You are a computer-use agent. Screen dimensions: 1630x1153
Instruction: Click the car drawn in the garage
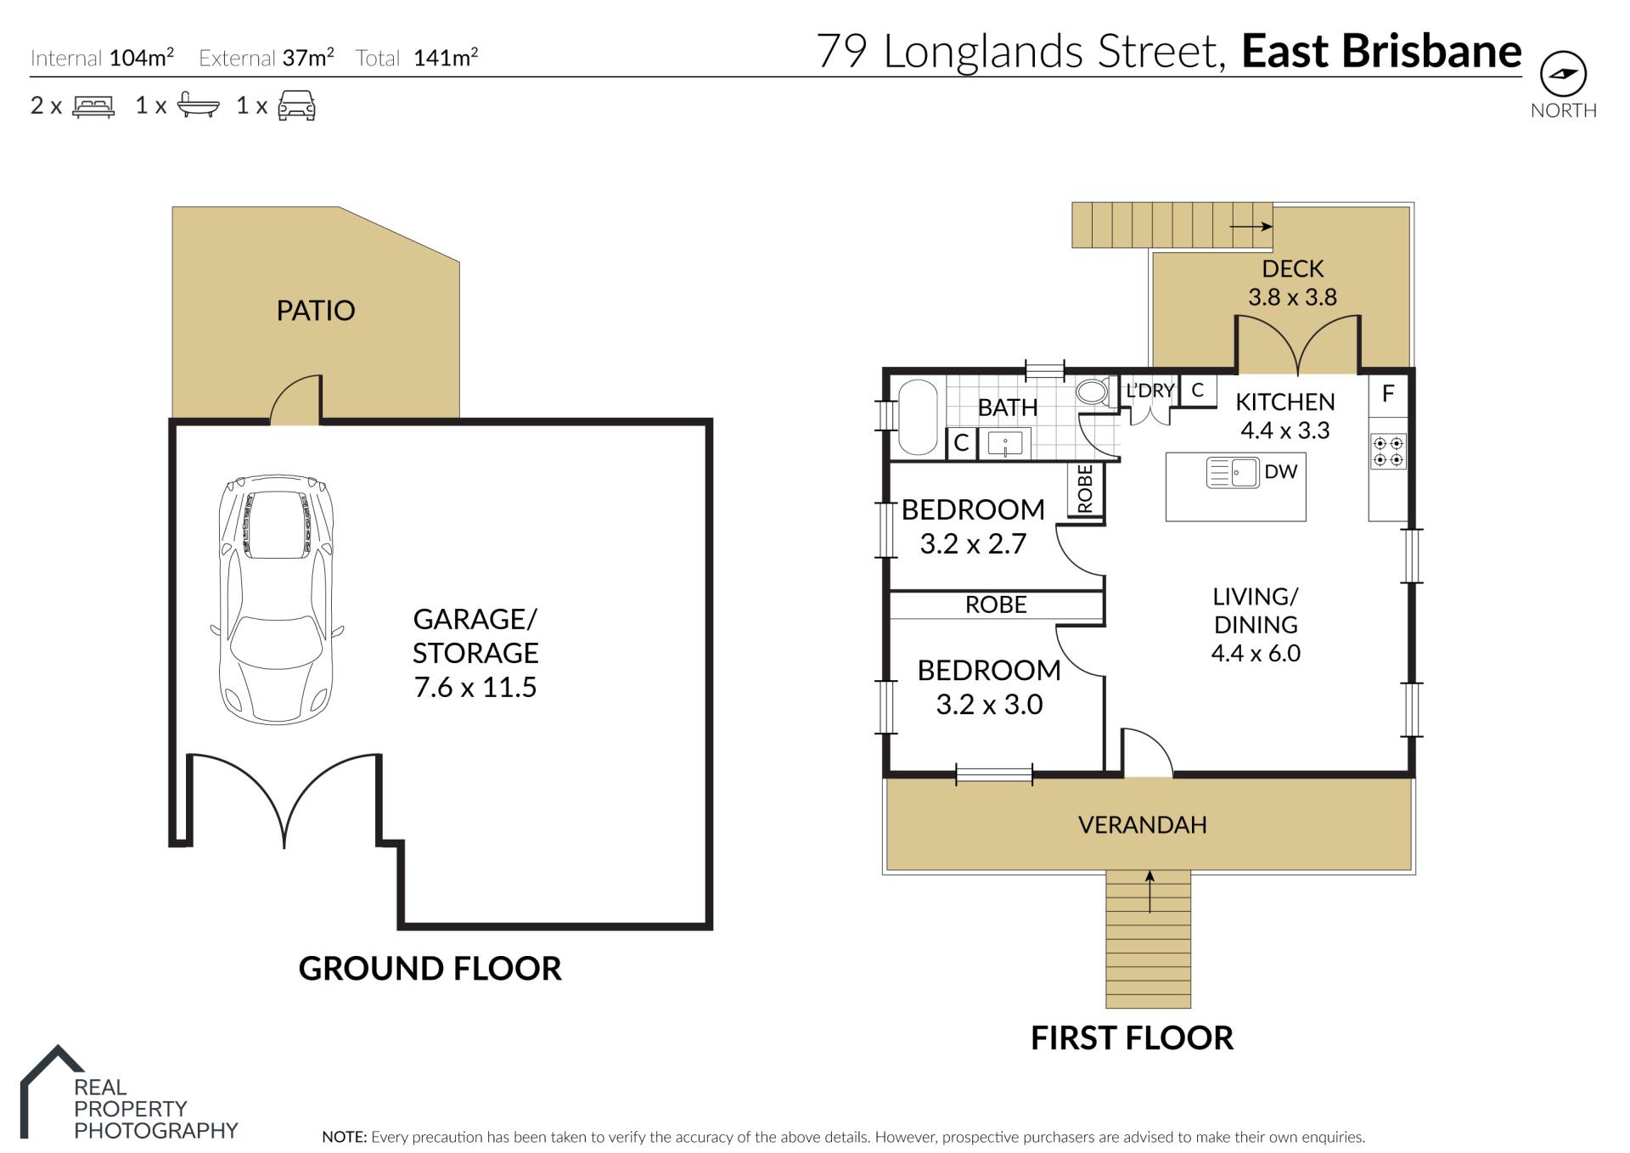click(277, 599)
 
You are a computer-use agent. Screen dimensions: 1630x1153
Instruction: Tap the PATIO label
click(316, 311)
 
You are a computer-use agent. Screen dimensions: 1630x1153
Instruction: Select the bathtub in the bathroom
click(918, 417)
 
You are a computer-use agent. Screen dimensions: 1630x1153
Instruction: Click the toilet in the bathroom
click(1093, 391)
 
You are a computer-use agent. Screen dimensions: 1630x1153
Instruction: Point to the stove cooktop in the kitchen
click(1388, 451)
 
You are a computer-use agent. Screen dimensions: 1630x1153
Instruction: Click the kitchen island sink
click(1233, 472)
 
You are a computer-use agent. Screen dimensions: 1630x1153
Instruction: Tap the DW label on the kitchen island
click(1281, 471)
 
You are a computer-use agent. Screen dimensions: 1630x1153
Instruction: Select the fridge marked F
click(1388, 394)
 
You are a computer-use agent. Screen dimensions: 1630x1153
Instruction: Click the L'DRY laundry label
click(1149, 391)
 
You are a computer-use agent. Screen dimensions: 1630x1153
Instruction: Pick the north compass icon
click(1564, 74)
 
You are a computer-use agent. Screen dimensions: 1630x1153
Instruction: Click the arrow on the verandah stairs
click(1149, 891)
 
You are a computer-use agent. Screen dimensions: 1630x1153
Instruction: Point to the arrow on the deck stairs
click(1251, 226)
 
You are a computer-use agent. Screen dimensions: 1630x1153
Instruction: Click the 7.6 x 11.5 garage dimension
click(475, 687)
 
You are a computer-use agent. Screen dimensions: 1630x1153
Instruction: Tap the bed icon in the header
click(93, 106)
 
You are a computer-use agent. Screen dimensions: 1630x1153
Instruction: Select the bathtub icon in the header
click(198, 105)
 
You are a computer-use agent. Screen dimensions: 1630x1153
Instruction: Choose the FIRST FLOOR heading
click(1132, 1038)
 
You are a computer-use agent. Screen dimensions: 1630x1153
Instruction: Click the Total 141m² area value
click(417, 58)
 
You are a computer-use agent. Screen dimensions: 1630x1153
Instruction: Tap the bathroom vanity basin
click(1005, 444)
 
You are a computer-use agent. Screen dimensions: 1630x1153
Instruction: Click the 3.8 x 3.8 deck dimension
click(1292, 297)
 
